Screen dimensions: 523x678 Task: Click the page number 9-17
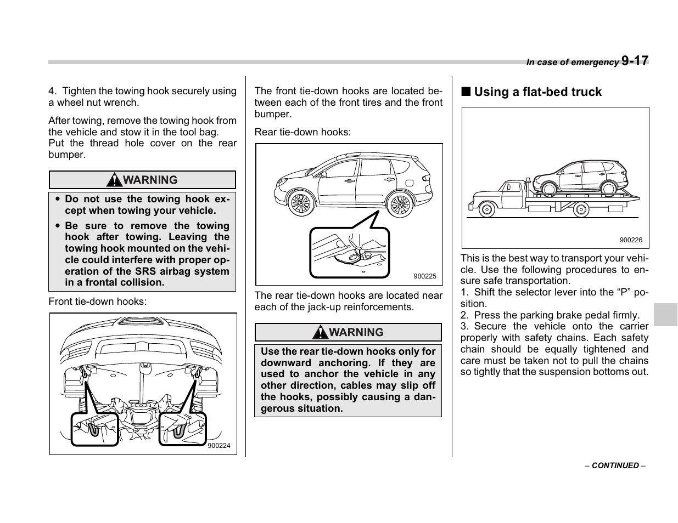click(635, 61)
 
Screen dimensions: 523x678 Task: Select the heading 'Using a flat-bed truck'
click(537, 92)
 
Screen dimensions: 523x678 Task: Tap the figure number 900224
click(219, 446)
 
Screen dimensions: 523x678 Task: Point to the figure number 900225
click(425, 276)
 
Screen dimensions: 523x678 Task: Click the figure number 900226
click(631, 240)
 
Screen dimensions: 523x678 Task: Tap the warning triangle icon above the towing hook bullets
click(114, 180)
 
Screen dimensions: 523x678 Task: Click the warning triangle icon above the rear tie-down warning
click(321, 332)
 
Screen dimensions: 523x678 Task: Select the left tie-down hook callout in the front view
click(95, 428)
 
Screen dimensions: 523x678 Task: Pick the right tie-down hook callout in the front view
click(182, 428)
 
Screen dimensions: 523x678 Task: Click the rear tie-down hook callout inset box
click(350, 252)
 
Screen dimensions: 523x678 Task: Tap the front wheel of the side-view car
click(300, 204)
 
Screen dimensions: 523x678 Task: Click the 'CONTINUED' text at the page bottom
click(615, 465)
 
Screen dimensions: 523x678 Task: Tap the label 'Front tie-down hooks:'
click(98, 302)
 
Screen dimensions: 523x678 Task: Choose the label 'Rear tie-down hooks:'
click(302, 132)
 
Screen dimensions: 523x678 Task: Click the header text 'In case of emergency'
click(572, 62)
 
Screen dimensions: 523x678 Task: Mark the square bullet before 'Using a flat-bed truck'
click(466, 92)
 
